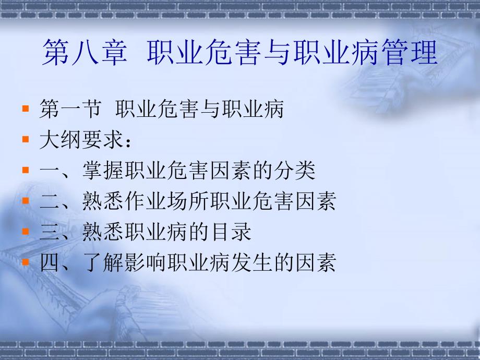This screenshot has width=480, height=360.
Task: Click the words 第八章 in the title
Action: point(85,52)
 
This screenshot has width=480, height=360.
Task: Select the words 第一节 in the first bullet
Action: point(70,109)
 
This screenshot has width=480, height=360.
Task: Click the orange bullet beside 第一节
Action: point(26,109)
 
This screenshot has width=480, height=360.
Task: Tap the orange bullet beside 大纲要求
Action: point(26,139)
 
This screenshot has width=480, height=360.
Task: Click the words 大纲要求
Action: point(81,140)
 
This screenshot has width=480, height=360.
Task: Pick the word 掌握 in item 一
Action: point(103,170)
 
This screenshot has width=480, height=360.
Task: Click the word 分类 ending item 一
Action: point(294,170)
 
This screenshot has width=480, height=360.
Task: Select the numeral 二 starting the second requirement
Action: point(49,201)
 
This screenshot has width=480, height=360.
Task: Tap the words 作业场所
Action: point(167,201)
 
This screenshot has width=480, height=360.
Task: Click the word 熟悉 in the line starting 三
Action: point(103,232)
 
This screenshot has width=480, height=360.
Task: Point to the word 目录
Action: point(231,232)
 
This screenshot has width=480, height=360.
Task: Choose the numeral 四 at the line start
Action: point(49,262)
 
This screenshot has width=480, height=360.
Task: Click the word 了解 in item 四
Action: point(103,262)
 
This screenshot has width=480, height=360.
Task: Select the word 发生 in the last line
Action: point(251,262)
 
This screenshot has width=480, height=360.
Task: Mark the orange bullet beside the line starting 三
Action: point(26,231)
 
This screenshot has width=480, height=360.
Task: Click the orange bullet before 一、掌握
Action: point(26,170)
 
